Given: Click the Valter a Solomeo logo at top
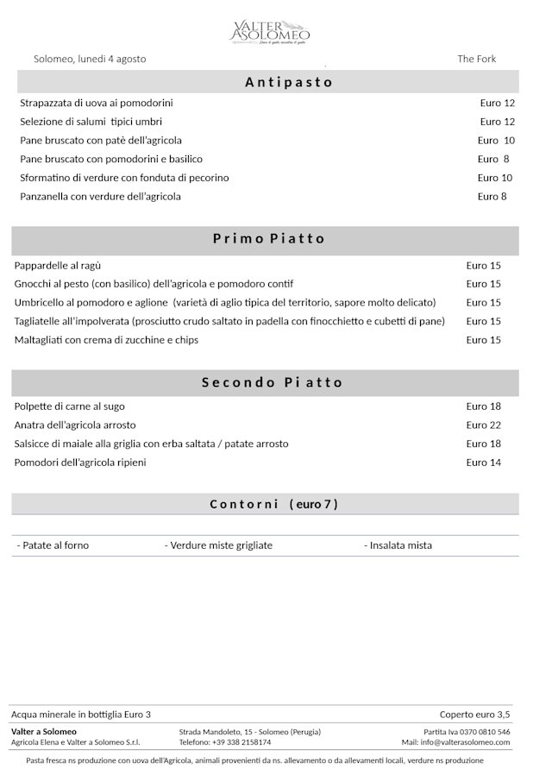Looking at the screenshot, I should point(269,33).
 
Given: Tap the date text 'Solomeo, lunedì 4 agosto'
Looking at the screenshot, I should point(90,59).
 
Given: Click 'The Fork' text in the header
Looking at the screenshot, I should point(476,59).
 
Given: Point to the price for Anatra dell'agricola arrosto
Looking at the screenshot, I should point(483,425).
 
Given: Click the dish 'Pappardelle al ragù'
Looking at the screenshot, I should point(58,266).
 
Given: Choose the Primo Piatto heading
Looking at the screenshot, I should point(269,239).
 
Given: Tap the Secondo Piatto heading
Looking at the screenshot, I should point(273,382).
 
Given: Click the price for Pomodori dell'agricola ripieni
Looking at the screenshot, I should point(483,463).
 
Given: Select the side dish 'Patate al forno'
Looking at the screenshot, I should point(53,545).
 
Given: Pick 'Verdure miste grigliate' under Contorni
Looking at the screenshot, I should point(219,545).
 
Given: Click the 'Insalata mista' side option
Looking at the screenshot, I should point(398,545).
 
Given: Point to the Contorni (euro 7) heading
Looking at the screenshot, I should point(273,504).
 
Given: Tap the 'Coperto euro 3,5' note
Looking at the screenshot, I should point(474,715).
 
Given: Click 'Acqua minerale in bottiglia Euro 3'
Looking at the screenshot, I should point(81,715).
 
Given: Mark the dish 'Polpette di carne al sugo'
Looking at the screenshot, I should point(70,406).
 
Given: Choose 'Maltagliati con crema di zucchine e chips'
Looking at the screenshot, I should point(106,340).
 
